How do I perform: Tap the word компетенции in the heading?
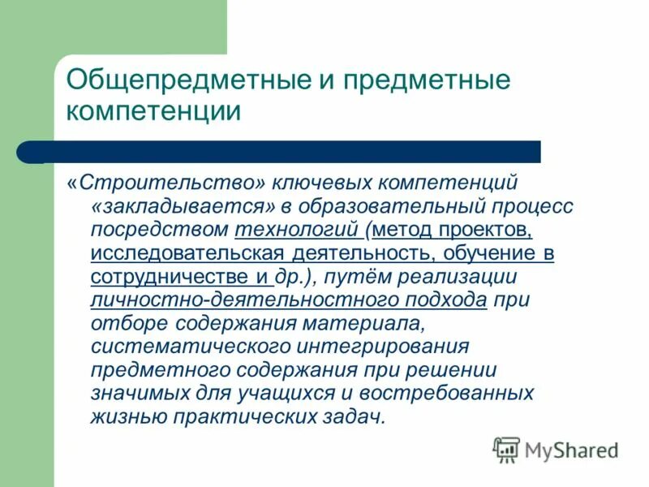153,111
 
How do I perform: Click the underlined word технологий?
299,230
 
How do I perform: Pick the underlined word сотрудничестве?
171,277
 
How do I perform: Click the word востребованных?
458,394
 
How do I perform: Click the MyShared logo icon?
507,449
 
